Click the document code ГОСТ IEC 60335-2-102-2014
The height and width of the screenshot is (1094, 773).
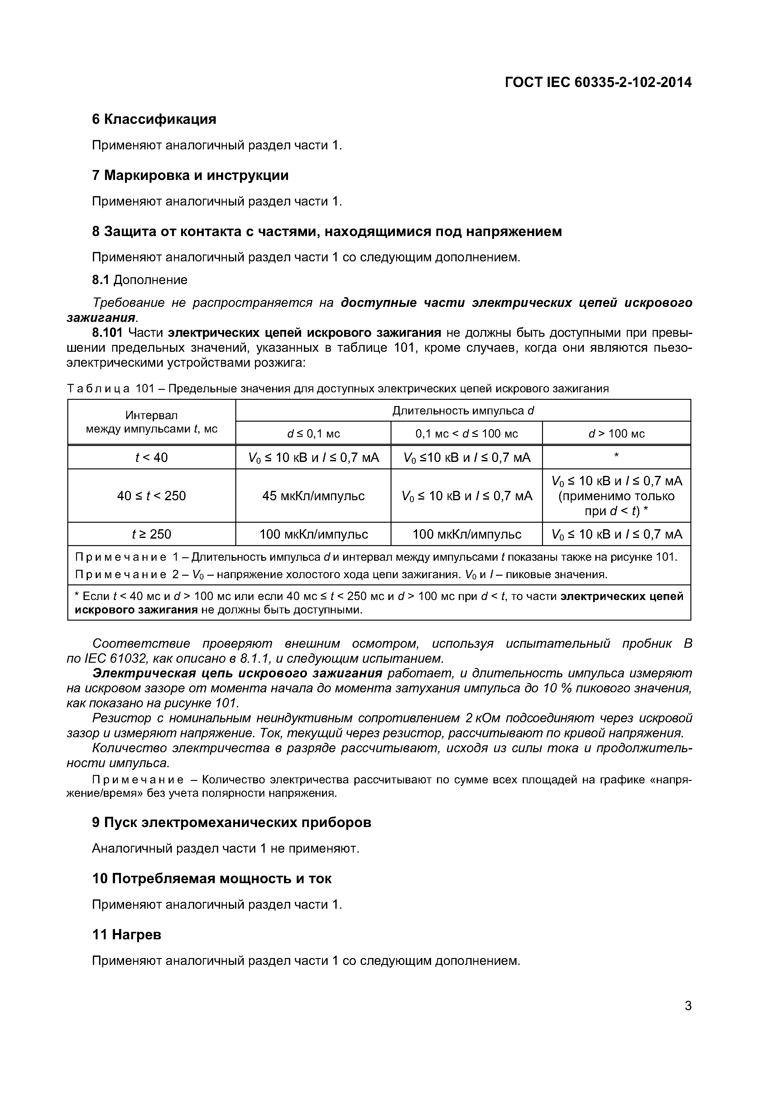coord(598,82)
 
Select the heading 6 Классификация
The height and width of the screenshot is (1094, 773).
coord(154,119)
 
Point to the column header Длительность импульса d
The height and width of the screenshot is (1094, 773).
coord(463,411)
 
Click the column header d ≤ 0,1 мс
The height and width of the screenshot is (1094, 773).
coord(313,433)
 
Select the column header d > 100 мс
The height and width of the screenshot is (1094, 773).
coord(616,433)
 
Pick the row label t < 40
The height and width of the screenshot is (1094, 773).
coord(151,457)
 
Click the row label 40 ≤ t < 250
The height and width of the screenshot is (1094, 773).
coord(151,496)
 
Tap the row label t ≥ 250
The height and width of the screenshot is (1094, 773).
coord(151,534)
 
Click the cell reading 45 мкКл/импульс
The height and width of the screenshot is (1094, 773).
coord(313,496)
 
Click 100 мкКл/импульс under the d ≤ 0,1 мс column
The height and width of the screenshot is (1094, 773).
coord(313,534)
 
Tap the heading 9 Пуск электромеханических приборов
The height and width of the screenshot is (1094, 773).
coord(232,822)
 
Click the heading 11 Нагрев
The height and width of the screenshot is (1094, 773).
coord(127,935)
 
